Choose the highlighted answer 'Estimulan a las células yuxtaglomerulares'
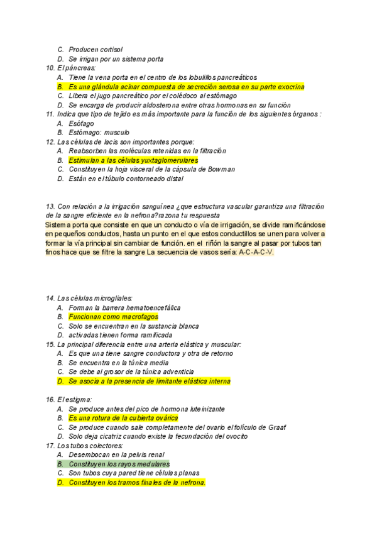(138, 160)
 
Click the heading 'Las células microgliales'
(95, 298)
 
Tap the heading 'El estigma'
(75, 399)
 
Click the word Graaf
(275, 427)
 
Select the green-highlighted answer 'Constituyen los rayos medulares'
(119, 464)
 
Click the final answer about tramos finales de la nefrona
(137, 483)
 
